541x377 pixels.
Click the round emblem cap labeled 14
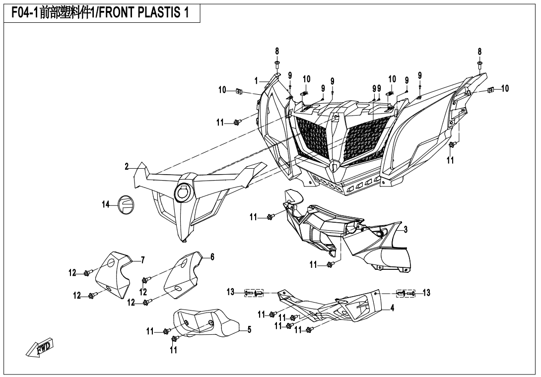click(125, 204)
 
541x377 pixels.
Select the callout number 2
click(127, 166)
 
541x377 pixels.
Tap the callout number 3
click(406, 229)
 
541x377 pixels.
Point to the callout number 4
click(392, 308)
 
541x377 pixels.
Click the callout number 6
click(212, 256)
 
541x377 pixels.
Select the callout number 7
click(142, 259)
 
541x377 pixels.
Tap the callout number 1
click(257, 80)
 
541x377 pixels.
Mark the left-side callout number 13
click(230, 293)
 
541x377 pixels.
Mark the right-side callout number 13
click(426, 293)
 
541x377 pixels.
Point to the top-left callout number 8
click(277, 51)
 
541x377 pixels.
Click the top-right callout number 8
click(479, 51)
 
